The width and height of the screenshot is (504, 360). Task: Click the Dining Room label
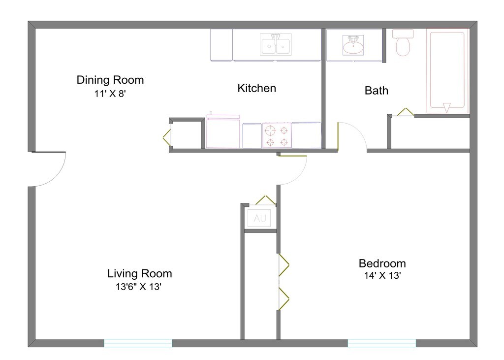point(110,80)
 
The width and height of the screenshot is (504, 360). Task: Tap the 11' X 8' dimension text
point(110,94)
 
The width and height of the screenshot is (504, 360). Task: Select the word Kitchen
point(256,89)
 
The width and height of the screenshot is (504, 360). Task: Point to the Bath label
point(376,91)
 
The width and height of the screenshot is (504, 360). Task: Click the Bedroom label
point(382,263)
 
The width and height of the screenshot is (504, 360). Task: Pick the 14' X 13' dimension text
point(382,276)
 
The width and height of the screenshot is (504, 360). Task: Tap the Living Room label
point(140,274)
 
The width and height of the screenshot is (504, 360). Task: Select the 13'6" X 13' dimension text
point(140,287)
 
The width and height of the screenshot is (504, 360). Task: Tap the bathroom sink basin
point(353,47)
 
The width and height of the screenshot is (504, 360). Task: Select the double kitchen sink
point(276,46)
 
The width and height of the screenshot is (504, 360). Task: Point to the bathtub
point(447,69)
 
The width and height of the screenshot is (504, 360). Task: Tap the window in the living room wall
point(138,343)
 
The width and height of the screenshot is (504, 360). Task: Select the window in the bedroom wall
point(382,343)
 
